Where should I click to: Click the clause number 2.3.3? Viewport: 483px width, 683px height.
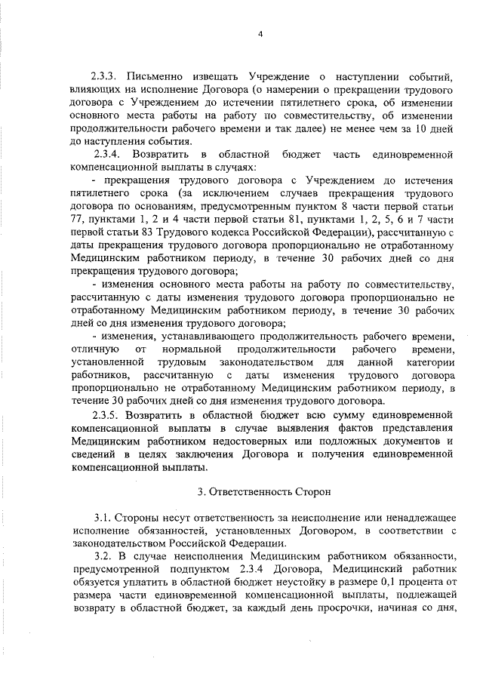coord(107,76)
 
